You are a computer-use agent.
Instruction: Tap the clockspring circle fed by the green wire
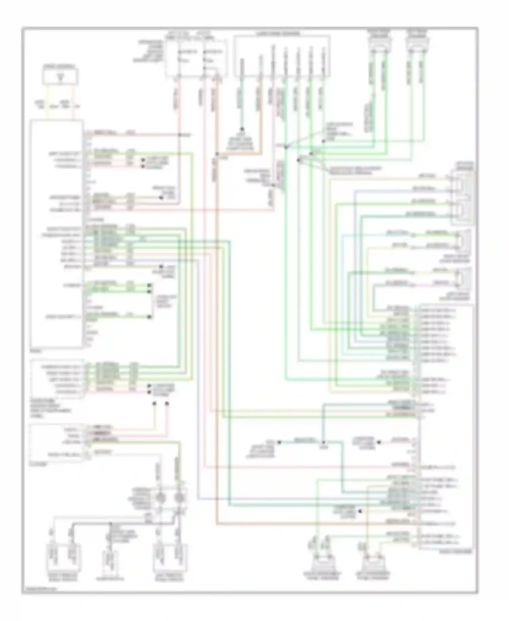pyautogui.click(x=180, y=498)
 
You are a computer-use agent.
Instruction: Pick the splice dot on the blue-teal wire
pyautogui.click(x=323, y=443)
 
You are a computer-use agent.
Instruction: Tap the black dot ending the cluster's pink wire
pyautogui.click(x=167, y=404)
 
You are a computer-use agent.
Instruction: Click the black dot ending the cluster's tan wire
pyautogui.click(x=154, y=404)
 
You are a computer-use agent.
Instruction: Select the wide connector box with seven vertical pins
pyautogui.click(x=282, y=56)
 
